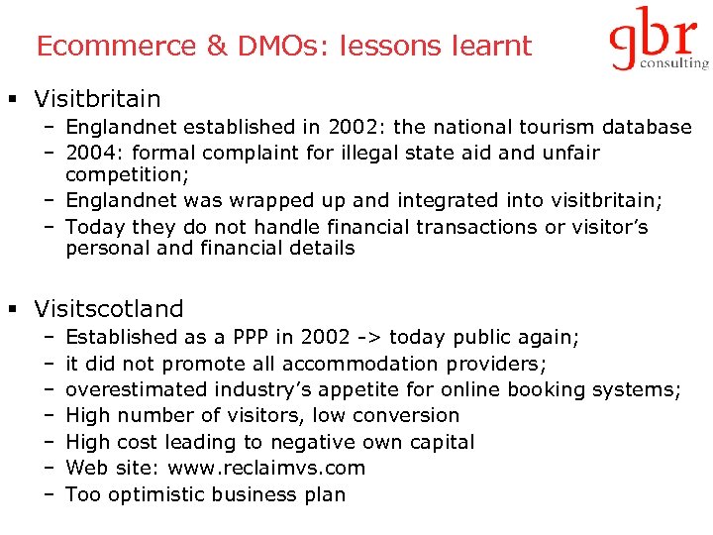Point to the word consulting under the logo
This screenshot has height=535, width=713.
pos(676,63)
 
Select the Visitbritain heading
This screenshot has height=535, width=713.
pos(97,99)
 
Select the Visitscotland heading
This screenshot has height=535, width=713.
pos(109,309)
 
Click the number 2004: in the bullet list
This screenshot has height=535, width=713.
pos(94,153)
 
